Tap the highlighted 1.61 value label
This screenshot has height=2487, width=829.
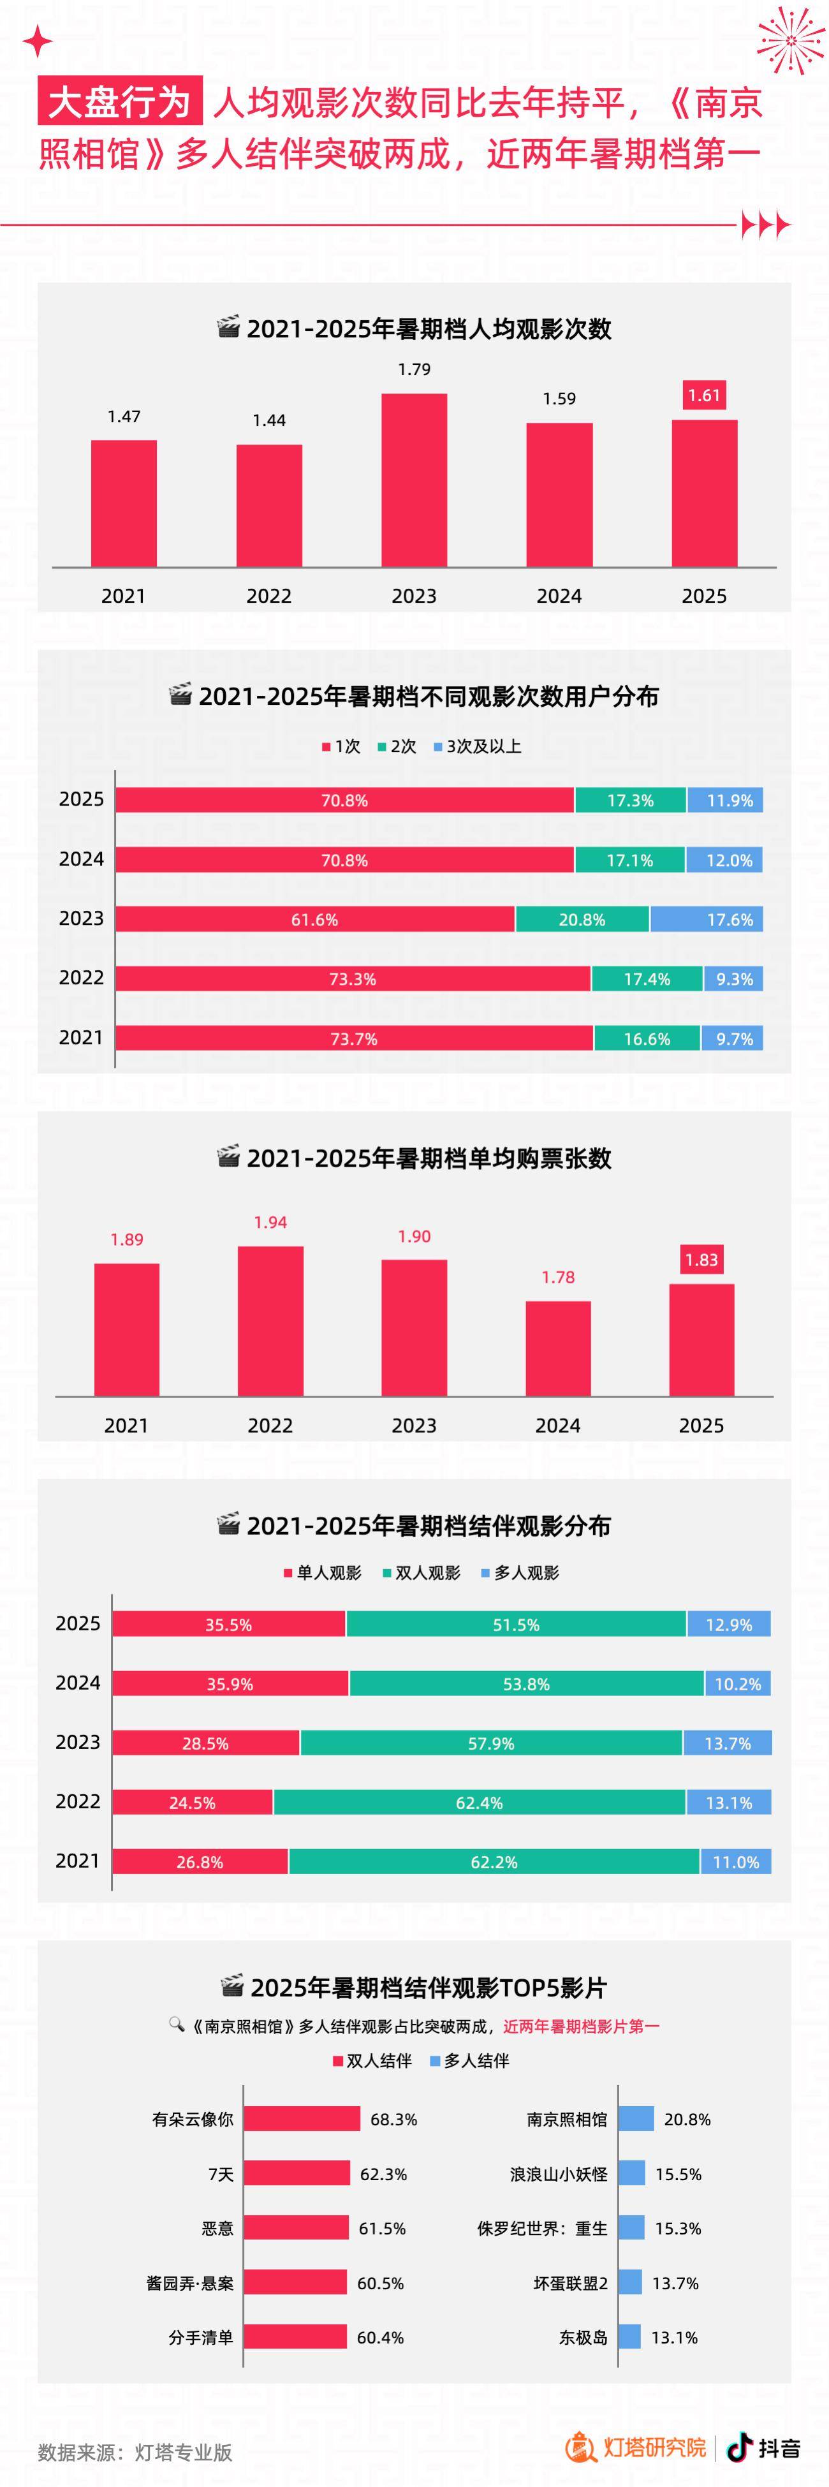pyautogui.click(x=703, y=395)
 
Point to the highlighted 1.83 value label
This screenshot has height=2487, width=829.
pyautogui.click(x=701, y=1259)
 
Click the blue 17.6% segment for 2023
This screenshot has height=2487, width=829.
pyautogui.click(x=707, y=919)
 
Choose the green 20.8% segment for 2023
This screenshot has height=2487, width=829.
pyautogui.click(x=582, y=919)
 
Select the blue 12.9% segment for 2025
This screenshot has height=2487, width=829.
pyautogui.click(x=729, y=1624)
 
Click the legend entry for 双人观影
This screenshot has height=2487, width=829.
pyautogui.click(x=422, y=1573)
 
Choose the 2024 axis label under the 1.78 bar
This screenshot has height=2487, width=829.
pyautogui.click(x=558, y=1425)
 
